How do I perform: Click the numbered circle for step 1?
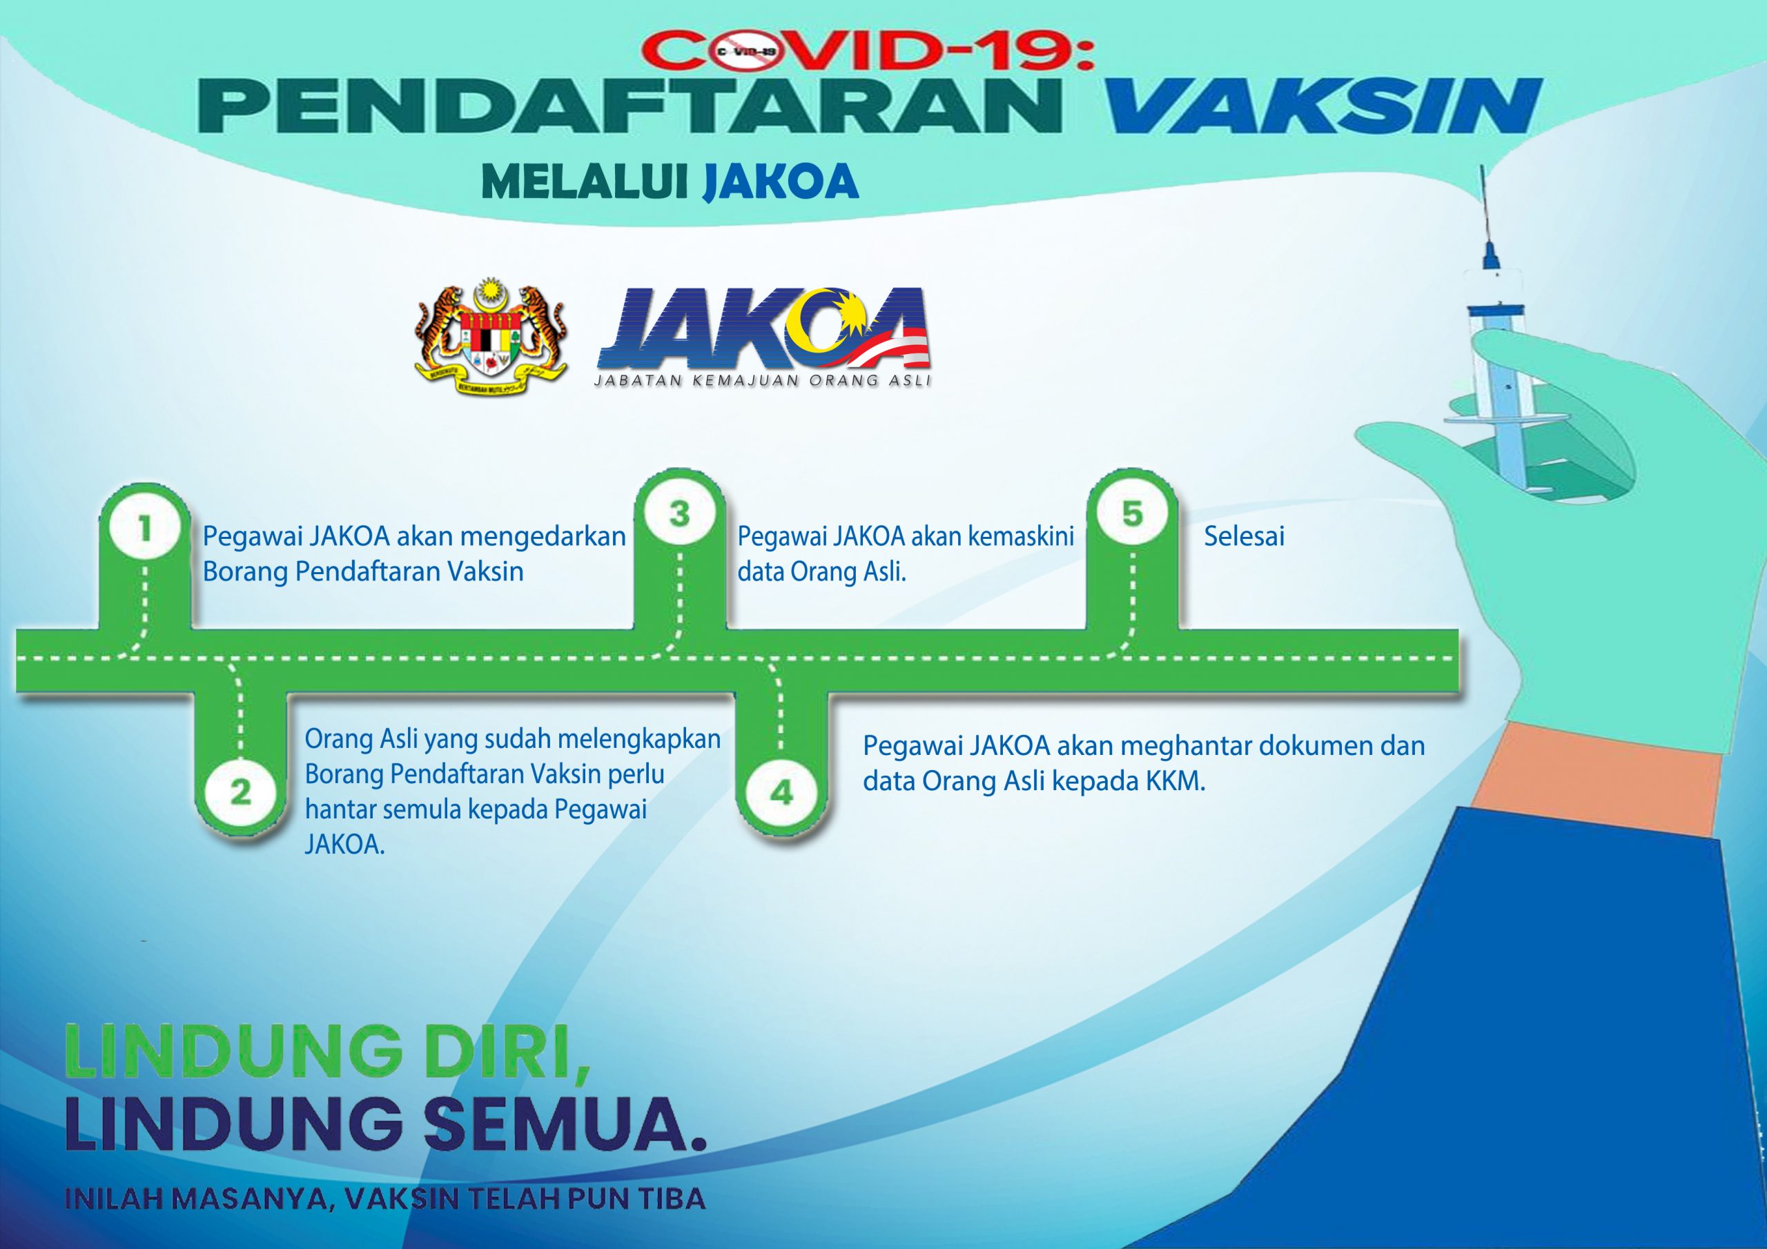(x=144, y=528)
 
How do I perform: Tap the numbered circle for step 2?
(x=240, y=792)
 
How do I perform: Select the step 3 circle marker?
(x=679, y=513)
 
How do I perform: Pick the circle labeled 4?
(x=781, y=792)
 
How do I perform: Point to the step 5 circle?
(x=1131, y=513)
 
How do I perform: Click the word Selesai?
(x=1244, y=536)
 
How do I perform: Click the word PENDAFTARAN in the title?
(x=629, y=108)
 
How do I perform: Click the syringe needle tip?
(x=1481, y=167)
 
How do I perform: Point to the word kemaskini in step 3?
(x=1020, y=536)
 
